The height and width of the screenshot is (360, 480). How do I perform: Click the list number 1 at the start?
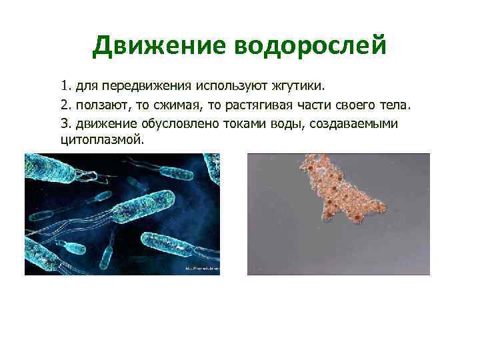pos(64,86)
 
